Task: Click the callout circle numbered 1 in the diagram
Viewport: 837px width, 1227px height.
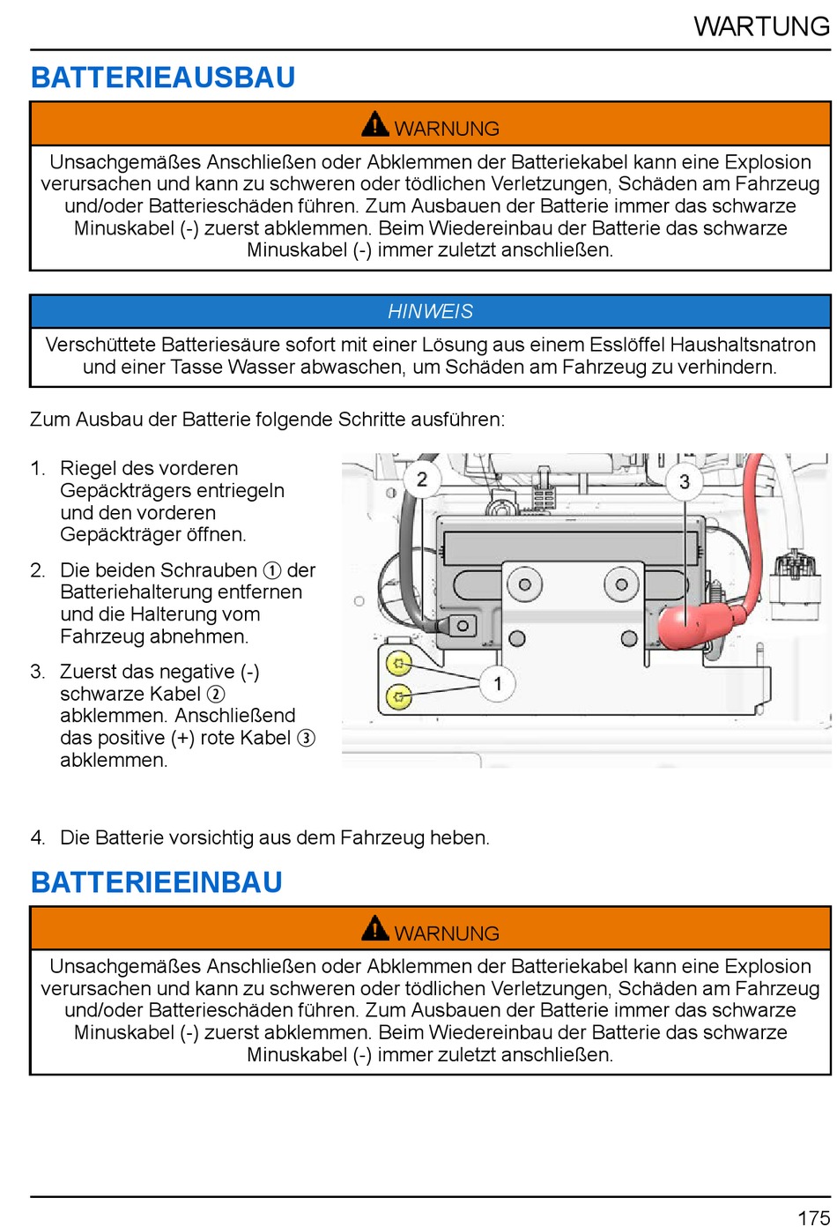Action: (x=497, y=683)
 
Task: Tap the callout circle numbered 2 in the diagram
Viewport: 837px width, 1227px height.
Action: (x=422, y=480)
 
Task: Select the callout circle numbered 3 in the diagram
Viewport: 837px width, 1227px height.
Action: (x=684, y=481)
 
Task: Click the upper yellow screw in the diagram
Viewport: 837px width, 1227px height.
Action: (x=399, y=663)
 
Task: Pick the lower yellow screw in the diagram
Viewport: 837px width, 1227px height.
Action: (x=399, y=697)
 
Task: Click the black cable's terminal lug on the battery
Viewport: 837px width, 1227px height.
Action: (x=462, y=626)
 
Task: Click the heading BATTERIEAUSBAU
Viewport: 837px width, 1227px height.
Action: (x=163, y=78)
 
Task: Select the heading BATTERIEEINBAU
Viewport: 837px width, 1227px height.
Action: (x=157, y=882)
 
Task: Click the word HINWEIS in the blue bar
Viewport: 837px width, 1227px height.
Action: (x=430, y=311)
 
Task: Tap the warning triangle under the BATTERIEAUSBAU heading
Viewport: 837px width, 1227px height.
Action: (x=375, y=125)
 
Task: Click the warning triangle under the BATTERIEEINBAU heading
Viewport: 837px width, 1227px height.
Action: (x=375, y=929)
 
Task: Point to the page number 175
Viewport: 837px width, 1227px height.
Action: (x=813, y=1217)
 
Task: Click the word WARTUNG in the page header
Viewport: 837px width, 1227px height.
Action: (x=761, y=26)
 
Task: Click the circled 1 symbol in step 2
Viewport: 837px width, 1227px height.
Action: (x=272, y=570)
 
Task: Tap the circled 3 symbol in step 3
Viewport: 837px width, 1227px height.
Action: (x=306, y=738)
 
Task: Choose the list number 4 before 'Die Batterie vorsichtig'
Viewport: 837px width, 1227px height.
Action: (x=37, y=837)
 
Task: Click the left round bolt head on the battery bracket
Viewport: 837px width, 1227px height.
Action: (x=524, y=584)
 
